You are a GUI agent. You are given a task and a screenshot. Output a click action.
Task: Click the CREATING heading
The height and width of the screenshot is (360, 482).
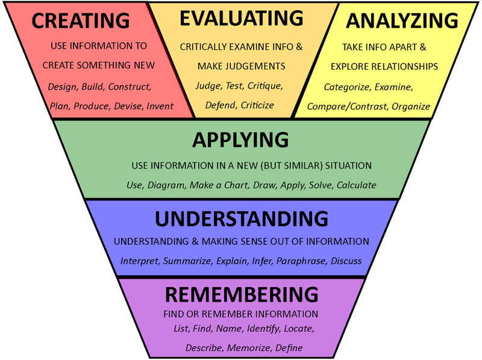(80, 20)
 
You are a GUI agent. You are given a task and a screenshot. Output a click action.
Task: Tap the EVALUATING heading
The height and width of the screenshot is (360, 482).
(241, 19)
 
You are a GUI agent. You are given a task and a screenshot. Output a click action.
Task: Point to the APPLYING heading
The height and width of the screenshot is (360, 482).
(240, 140)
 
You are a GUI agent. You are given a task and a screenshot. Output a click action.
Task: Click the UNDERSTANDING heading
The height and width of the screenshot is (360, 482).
(241, 218)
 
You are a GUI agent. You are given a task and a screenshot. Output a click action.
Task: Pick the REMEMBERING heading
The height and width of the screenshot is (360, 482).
(241, 294)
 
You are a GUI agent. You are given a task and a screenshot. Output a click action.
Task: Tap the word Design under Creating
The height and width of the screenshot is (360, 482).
(62, 86)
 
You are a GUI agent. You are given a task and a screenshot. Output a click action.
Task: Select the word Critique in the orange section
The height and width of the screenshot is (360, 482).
(266, 85)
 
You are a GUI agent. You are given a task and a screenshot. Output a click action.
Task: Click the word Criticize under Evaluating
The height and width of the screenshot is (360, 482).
(257, 105)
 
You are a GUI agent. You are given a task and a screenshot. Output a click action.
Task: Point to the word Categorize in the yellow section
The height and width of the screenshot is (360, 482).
(346, 87)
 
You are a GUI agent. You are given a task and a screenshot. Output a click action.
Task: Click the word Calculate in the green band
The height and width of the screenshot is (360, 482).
(356, 185)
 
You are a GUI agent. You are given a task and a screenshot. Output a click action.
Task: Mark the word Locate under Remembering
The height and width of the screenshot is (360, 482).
(299, 329)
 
